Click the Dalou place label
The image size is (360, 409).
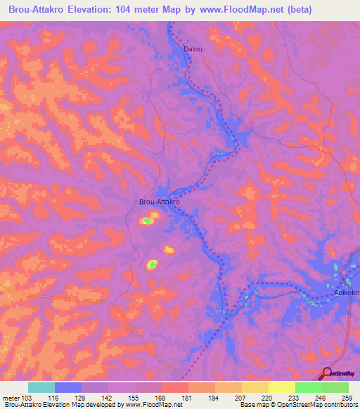[192, 50]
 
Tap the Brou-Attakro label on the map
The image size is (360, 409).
[160, 202]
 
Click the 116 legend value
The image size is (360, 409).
[55, 397]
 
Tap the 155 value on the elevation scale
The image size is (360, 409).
[136, 397]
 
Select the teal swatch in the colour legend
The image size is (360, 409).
[41, 387]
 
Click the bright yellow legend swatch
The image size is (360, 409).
[281, 387]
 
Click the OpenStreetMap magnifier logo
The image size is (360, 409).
[327, 373]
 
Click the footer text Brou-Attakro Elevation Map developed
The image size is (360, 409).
[56, 405]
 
